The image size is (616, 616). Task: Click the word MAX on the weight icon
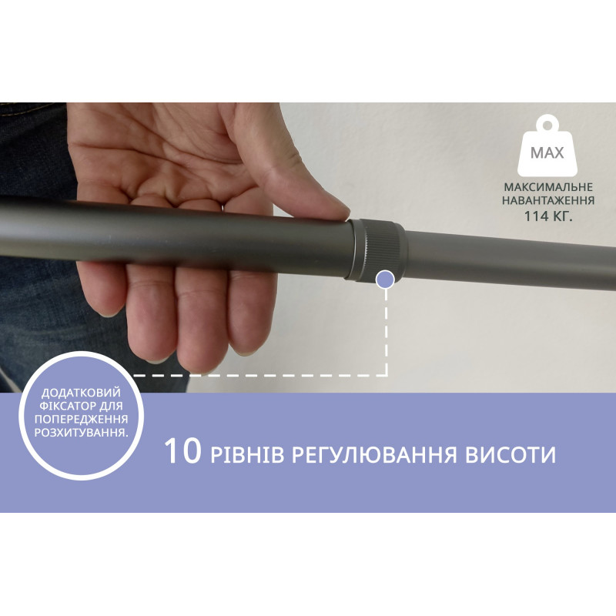547,152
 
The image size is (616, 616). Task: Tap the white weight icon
547,146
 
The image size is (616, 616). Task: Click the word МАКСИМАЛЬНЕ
548,187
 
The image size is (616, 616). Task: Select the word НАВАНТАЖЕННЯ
548,200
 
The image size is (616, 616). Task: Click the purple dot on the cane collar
386,280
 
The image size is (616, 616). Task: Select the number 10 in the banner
182,451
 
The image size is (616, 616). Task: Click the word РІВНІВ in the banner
247,455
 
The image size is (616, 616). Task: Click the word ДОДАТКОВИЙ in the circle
81,393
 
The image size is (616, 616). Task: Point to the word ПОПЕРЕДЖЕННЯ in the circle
81,419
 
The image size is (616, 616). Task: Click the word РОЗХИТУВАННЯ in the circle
80,433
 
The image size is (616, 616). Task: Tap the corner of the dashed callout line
387,375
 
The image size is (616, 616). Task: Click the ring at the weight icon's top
547,125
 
